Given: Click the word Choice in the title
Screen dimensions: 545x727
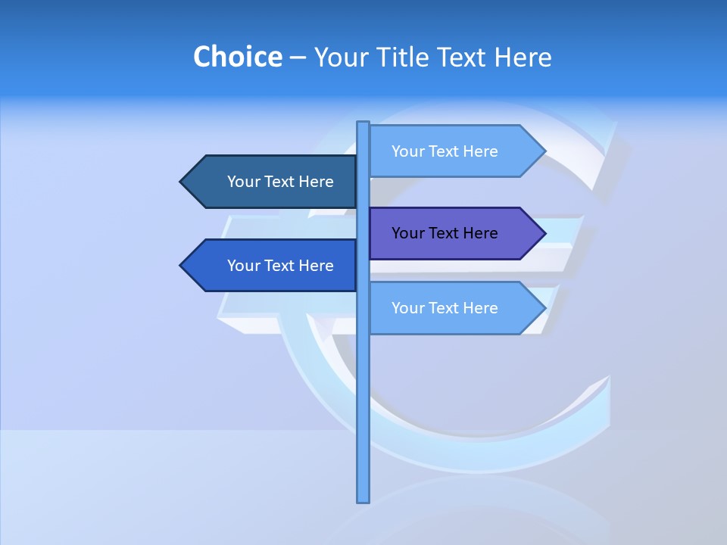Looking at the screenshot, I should tap(237, 57).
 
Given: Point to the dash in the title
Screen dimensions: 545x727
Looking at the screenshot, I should tap(298, 58).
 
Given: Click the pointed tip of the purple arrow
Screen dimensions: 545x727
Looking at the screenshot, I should tap(544, 234).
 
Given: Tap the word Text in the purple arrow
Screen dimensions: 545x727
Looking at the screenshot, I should tap(444, 233).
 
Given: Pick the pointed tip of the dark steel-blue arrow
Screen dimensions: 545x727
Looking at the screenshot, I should tap(181, 182).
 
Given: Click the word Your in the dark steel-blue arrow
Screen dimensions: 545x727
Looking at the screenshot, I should tap(243, 182).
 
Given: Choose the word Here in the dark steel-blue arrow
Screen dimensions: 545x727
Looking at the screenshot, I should tap(315, 182).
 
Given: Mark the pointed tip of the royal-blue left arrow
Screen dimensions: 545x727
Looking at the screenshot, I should tap(181, 266).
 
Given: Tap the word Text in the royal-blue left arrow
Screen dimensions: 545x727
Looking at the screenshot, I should tap(279, 266).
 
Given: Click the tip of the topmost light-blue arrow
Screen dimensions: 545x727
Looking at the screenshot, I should tap(544, 151).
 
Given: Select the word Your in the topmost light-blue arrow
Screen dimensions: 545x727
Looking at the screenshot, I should tap(407, 151).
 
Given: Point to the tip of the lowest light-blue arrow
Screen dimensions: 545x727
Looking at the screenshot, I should tap(544, 308).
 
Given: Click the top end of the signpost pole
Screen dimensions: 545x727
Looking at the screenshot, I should tap(363, 123).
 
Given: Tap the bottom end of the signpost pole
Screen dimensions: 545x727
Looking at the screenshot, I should tap(363, 500).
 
